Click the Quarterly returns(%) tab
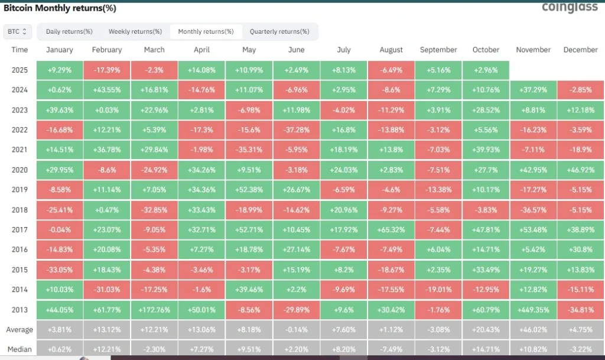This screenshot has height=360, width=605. coord(279,31)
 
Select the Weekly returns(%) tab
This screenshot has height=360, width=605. coord(135,31)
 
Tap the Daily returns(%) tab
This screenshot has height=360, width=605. coord(69,31)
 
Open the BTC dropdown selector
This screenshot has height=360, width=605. coord(18,31)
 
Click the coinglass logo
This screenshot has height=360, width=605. coord(570,8)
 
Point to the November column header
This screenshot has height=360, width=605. coord(533,50)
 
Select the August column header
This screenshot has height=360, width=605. coord(391,50)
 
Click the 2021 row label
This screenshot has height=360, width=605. coord(19,150)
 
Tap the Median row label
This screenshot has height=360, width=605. coord(19,349)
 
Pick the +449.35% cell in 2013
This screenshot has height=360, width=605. coord(533,309)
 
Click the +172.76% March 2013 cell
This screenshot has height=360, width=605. coord(154,309)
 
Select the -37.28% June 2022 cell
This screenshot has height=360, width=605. coord(296,129)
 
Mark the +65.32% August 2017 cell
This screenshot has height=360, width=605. coord(391,229)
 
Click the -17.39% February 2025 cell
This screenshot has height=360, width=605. coord(107,70)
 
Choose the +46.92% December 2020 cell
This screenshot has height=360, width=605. coord(581,170)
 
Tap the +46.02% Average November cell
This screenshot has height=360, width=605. coord(533,329)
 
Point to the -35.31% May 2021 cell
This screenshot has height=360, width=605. coord(249,150)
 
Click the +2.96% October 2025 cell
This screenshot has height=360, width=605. coord(486,70)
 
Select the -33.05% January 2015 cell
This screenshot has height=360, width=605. coord(59,270)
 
